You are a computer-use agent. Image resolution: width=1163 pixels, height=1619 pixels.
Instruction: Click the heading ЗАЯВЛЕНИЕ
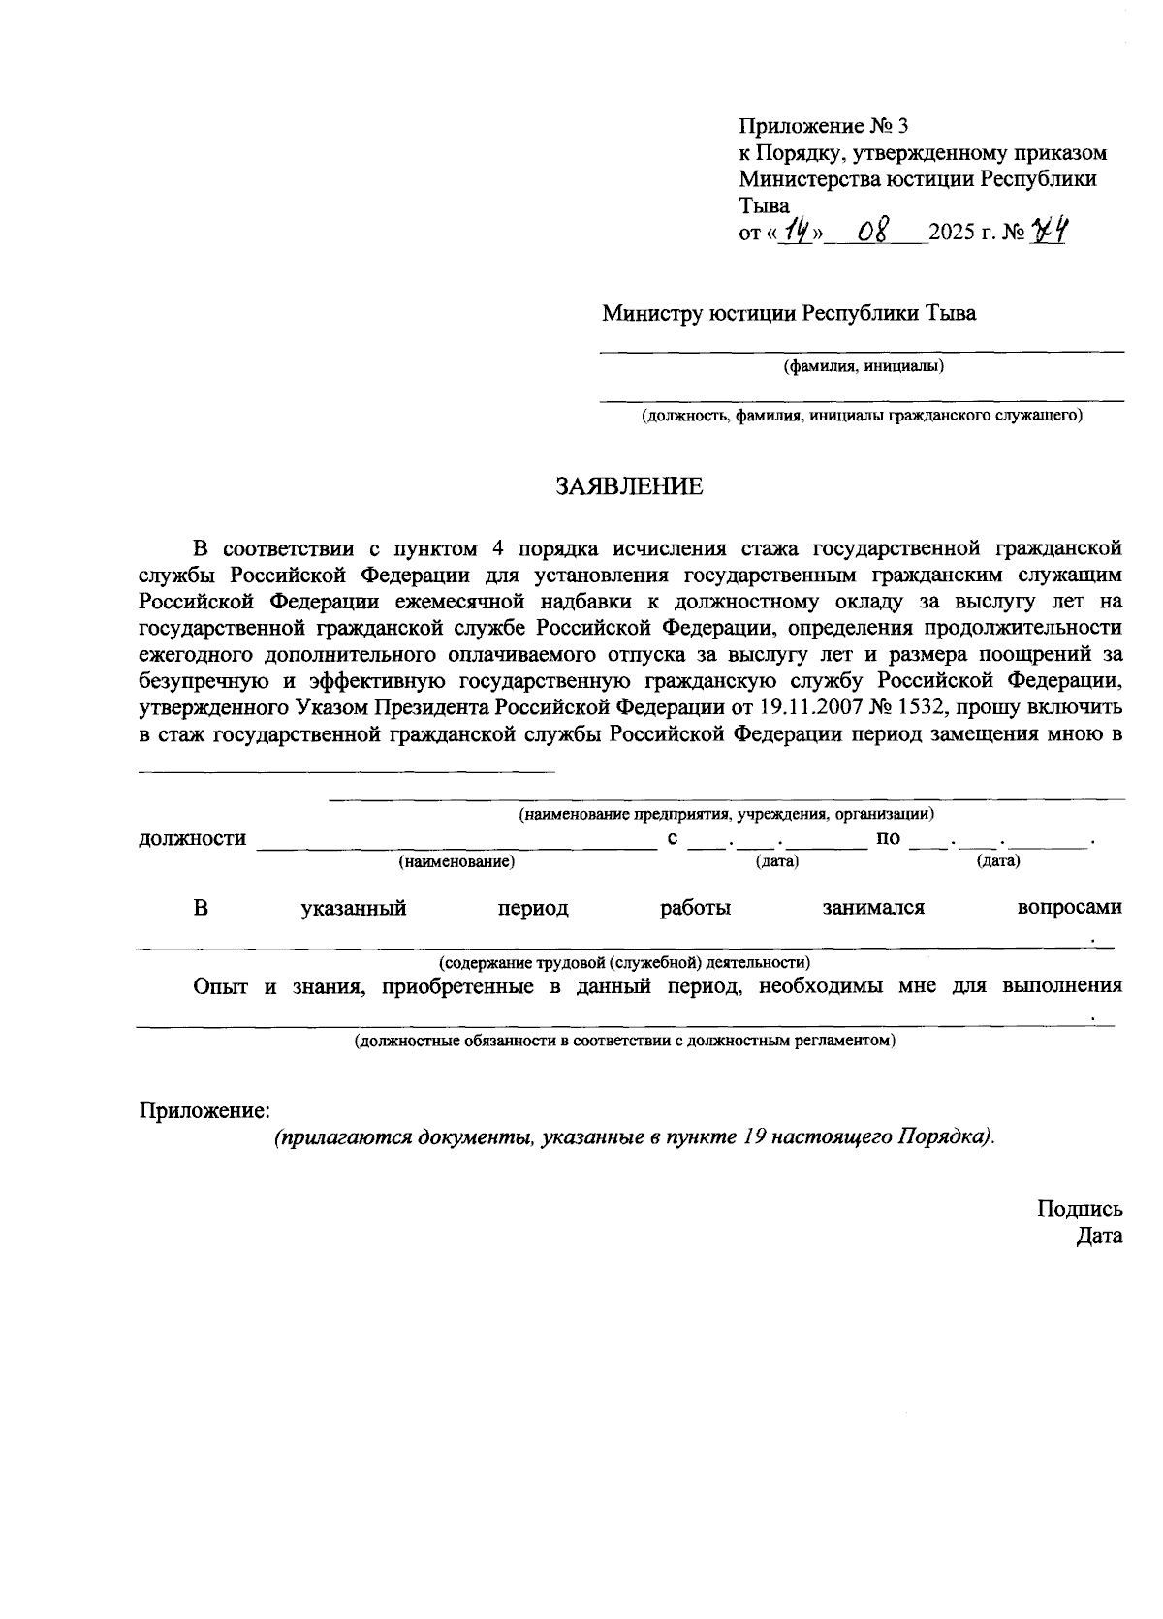point(629,486)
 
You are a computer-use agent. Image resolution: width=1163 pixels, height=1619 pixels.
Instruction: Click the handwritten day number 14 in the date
point(797,233)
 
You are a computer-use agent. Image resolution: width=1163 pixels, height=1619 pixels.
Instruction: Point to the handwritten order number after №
point(1050,232)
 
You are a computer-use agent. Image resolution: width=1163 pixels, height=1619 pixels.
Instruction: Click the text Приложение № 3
point(825,126)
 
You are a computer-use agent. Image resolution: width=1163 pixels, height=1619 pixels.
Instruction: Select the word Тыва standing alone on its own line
point(765,205)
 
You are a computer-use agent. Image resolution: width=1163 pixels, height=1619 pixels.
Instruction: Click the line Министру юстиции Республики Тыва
point(789,313)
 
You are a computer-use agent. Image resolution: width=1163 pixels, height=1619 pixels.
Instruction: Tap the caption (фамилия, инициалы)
point(863,366)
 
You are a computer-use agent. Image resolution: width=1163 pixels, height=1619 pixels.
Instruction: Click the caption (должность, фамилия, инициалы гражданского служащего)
point(861,417)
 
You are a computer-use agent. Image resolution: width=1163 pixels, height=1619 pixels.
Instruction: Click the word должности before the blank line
point(193,838)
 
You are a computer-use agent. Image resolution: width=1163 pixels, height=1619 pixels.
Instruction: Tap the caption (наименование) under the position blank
point(456,860)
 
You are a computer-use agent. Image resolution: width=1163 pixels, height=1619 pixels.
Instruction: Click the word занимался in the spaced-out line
point(873,908)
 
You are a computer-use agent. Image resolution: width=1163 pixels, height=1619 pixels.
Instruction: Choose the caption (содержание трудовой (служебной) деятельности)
point(625,962)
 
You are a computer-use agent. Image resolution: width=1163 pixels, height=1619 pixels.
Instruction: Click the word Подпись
point(1080,1208)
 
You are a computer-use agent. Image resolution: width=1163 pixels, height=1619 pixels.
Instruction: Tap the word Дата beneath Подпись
point(1099,1235)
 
